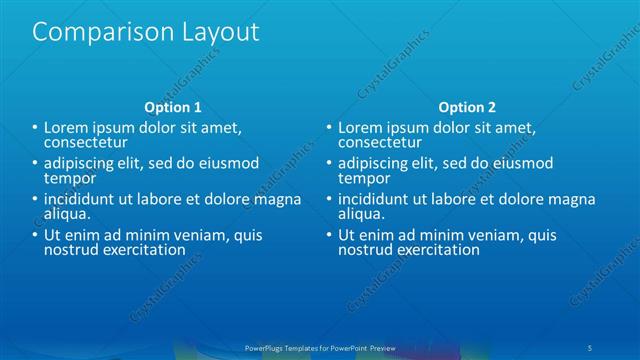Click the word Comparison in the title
click(x=96, y=33)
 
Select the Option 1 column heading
click(x=173, y=107)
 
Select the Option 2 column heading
click(x=467, y=107)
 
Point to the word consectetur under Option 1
click(x=85, y=142)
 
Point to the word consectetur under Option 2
click(x=380, y=142)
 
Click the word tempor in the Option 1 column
click(x=66, y=178)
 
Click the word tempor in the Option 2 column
click(x=360, y=178)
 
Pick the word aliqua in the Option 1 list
click(x=67, y=214)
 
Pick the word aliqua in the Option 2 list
click(x=361, y=214)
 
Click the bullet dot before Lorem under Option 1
click(x=35, y=128)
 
